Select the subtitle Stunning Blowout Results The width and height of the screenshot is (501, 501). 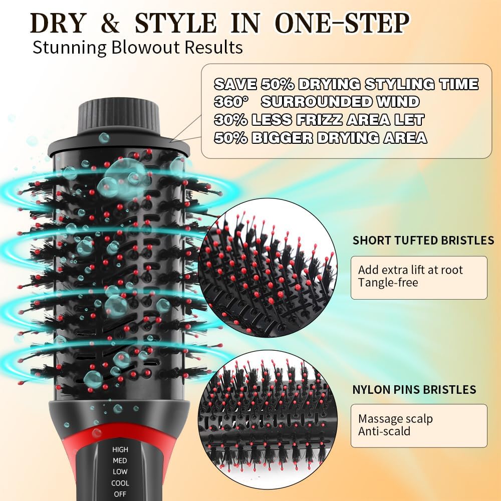click(138, 48)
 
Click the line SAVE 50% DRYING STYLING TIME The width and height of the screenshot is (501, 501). click(346, 84)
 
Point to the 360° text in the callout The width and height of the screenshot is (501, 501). click(231, 102)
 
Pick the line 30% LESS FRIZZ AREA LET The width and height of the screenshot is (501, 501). click(319, 120)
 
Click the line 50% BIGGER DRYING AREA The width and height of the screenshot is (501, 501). click(320, 138)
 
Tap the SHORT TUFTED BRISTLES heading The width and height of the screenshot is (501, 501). click(423, 240)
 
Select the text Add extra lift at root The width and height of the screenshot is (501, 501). click(410, 270)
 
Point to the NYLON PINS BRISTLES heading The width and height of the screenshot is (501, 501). click(414, 389)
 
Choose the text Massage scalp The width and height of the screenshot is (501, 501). click(395, 419)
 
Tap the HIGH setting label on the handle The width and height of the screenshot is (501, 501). click(120, 449)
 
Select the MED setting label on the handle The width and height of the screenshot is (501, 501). click(120, 460)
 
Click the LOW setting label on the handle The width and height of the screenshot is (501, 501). click(120, 471)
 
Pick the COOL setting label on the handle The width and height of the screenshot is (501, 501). click(120, 483)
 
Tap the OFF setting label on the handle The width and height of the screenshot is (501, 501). click(120, 494)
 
